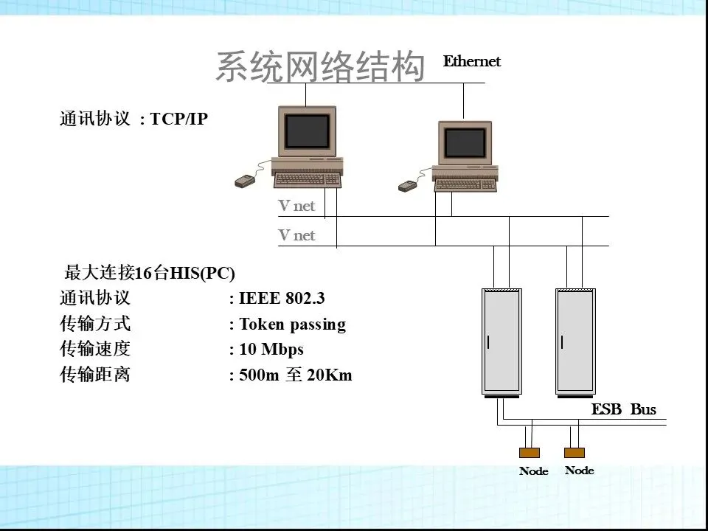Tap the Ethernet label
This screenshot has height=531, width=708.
471,62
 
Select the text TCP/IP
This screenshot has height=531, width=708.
179,119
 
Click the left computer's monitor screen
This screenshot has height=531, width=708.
307,131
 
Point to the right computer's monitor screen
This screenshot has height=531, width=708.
465,142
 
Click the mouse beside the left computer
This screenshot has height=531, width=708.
245,181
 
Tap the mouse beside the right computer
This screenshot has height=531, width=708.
407,186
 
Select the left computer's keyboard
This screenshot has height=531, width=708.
307,178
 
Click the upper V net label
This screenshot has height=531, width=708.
296,206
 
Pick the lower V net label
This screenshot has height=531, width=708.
296,236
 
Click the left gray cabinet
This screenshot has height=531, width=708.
502,341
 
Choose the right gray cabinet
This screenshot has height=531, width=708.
575,341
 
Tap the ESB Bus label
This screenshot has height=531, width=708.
623,410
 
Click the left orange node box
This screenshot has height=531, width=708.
530,453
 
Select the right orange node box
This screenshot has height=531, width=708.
575,452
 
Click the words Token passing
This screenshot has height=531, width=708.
292,324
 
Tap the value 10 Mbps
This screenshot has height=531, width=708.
271,350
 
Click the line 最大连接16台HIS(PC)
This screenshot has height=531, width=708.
150,274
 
